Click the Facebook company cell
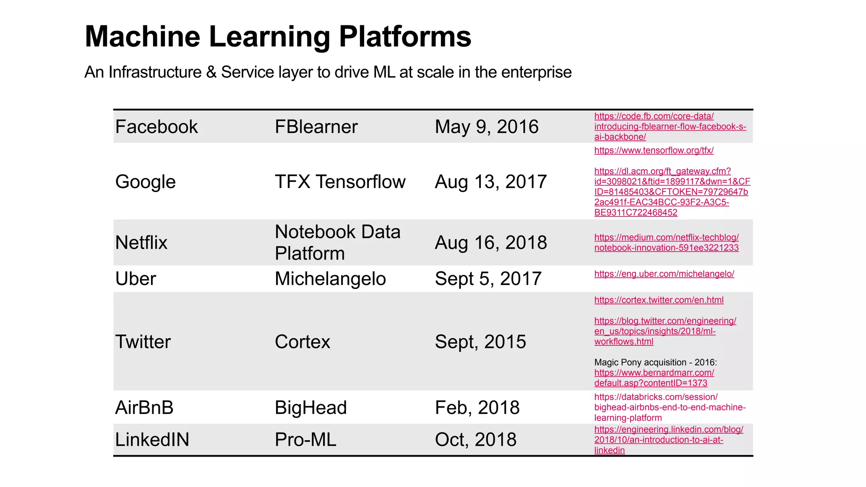click(156, 127)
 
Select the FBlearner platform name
click(316, 127)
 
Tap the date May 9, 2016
click(486, 127)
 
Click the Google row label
click(145, 182)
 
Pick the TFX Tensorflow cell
click(340, 182)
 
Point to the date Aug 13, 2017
click(491, 182)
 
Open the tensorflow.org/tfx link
click(654, 150)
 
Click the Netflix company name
click(141, 243)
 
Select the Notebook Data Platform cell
click(337, 243)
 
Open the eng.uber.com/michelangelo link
click(664, 274)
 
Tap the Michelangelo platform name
click(330, 279)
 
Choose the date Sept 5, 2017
click(488, 279)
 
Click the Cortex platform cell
click(302, 342)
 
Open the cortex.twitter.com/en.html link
click(659, 300)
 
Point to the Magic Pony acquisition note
click(655, 362)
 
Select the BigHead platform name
click(311, 408)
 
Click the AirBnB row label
click(144, 408)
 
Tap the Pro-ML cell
click(305, 440)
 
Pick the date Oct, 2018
click(475, 440)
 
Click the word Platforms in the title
click(405, 36)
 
